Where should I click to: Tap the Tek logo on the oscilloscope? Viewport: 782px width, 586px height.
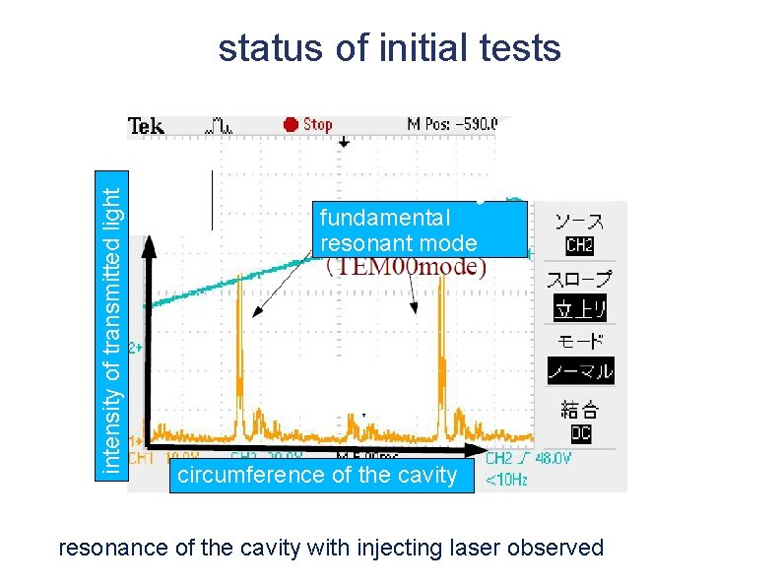click(x=146, y=125)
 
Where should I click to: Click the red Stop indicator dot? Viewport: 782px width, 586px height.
click(x=291, y=124)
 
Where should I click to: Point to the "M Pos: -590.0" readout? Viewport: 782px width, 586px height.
click(x=452, y=124)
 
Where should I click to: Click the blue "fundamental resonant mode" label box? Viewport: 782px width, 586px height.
click(x=420, y=229)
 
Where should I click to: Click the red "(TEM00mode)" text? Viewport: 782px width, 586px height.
click(x=406, y=267)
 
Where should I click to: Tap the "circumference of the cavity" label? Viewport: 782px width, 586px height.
click(x=315, y=475)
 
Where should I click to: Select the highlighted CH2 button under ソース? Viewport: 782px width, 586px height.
click(x=579, y=245)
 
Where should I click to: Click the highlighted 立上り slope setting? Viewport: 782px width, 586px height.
click(x=580, y=308)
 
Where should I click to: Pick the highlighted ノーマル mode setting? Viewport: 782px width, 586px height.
click(x=580, y=371)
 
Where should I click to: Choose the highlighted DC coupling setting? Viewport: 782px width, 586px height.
click(x=580, y=432)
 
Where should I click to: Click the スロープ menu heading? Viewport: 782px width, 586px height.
click(x=579, y=280)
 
